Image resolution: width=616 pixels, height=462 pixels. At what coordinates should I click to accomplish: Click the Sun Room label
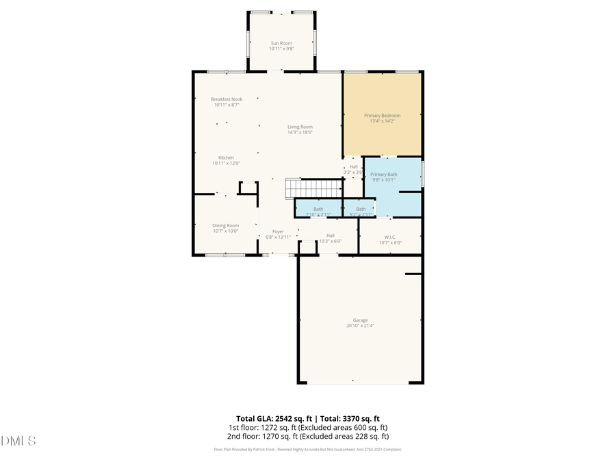click(x=281, y=43)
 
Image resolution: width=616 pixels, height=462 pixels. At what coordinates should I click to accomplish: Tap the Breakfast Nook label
click(x=227, y=99)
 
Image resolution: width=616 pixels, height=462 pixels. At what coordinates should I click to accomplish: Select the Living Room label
click(x=300, y=127)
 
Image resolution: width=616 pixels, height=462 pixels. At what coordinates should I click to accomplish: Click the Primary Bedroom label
click(x=382, y=116)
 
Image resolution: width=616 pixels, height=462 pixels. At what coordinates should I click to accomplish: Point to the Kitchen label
click(x=226, y=157)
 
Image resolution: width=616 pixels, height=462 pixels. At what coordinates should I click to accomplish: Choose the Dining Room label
click(x=226, y=225)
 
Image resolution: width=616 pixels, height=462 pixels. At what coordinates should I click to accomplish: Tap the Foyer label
click(x=278, y=231)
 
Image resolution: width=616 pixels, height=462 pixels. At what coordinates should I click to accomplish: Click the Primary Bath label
click(x=383, y=175)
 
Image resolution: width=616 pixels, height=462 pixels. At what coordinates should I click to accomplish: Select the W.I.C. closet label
click(x=389, y=236)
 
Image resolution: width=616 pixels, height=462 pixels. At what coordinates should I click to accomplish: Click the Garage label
click(x=360, y=320)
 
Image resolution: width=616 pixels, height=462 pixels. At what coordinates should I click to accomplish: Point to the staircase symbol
click(x=313, y=188)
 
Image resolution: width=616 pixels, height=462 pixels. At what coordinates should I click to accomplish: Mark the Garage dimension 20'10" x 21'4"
click(x=360, y=326)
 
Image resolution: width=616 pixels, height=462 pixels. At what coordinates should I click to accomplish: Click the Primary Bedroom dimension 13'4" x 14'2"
click(x=382, y=122)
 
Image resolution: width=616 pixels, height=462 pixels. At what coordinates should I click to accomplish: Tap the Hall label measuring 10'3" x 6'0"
click(x=331, y=235)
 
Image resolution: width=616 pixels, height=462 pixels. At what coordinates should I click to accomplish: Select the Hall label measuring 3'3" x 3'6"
click(x=353, y=166)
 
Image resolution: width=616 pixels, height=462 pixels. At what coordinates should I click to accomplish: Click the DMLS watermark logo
click(x=18, y=440)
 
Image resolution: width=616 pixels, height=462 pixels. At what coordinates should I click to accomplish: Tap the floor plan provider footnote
click(x=307, y=450)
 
